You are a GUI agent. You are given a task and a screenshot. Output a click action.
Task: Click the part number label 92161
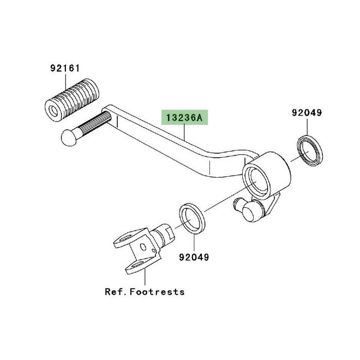click(x=65, y=68)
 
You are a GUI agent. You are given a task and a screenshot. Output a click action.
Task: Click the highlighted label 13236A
click(x=184, y=118)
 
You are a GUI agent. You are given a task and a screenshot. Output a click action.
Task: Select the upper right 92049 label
click(x=307, y=112)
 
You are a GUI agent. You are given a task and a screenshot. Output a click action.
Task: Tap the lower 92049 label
click(x=194, y=257)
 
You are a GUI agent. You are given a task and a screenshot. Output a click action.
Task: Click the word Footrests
click(x=157, y=292)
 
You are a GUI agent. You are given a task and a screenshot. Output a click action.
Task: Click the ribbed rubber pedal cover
click(x=72, y=100)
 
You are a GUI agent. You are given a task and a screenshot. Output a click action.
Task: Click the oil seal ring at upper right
click(x=310, y=150)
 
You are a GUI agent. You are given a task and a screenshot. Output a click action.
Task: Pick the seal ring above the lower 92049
click(x=191, y=218)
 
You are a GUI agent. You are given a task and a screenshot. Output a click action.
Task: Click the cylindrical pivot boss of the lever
click(x=266, y=175)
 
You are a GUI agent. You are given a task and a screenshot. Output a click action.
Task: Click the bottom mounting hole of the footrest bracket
click(x=138, y=265)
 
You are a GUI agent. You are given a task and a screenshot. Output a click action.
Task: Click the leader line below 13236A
click(x=184, y=132)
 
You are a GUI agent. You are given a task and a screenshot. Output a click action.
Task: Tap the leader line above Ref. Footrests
click(x=145, y=277)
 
